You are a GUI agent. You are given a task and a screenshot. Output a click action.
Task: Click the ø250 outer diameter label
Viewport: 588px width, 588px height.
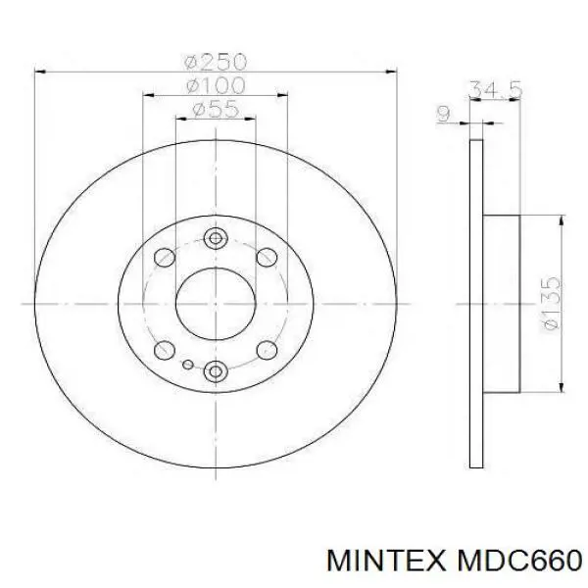[215, 62]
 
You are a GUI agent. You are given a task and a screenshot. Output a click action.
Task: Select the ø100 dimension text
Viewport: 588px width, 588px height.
[215, 86]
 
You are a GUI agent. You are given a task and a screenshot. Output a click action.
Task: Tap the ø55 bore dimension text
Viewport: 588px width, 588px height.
[215, 110]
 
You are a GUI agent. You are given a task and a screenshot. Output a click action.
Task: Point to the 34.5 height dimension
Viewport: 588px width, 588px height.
[496, 91]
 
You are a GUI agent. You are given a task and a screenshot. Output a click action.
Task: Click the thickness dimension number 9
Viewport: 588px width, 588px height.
[443, 115]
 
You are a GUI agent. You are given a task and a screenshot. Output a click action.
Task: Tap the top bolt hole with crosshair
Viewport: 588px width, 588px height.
[216, 237]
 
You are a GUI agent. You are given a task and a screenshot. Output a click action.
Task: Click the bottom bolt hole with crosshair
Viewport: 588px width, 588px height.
[216, 369]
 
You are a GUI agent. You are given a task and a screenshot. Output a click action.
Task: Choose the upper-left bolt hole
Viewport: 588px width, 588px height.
[166, 258]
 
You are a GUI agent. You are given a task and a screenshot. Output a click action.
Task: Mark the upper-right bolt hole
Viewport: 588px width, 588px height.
[266, 258]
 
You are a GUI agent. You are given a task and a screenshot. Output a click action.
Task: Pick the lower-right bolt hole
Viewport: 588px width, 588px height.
[266, 349]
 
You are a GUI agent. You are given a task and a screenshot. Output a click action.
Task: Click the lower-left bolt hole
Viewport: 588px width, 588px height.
[166, 349]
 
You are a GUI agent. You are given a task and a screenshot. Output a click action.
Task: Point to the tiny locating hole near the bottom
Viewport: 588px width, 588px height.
[187, 366]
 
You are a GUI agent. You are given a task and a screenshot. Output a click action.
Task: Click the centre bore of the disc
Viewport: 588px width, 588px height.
[216, 303]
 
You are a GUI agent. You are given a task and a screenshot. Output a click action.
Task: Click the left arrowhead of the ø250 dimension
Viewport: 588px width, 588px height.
[39, 72]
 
